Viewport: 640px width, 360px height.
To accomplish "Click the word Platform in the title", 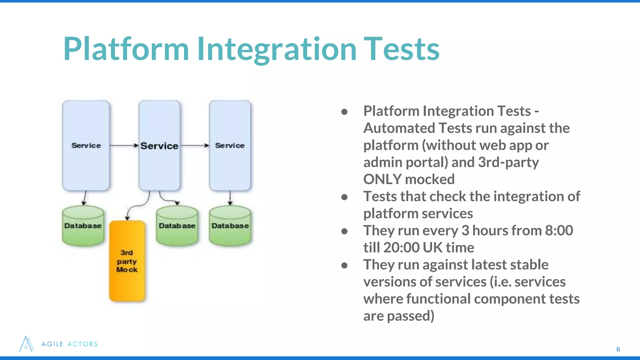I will click(x=126, y=49).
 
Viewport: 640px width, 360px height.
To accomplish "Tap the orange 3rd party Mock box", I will click(x=127, y=261).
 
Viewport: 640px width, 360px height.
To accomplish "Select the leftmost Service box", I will click(x=86, y=145).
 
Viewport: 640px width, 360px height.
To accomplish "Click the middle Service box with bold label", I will click(x=159, y=145).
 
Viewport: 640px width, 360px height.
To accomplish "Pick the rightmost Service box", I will click(x=230, y=145).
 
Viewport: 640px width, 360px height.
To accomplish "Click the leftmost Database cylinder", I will click(x=83, y=226).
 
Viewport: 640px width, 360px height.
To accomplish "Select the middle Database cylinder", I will click(x=177, y=226).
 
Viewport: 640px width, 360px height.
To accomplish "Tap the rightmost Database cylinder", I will click(x=230, y=226).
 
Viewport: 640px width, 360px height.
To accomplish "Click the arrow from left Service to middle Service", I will click(x=123, y=145).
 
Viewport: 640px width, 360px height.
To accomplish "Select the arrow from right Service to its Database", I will click(x=230, y=198).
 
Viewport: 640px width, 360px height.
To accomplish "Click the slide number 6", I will click(x=618, y=349).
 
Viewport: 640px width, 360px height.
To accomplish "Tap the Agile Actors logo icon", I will click(x=27, y=344).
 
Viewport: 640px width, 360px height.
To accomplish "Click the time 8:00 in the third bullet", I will click(x=559, y=231).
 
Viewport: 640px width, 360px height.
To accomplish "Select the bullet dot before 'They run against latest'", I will click(x=344, y=265).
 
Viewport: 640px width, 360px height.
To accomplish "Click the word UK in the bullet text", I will click(x=432, y=247).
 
